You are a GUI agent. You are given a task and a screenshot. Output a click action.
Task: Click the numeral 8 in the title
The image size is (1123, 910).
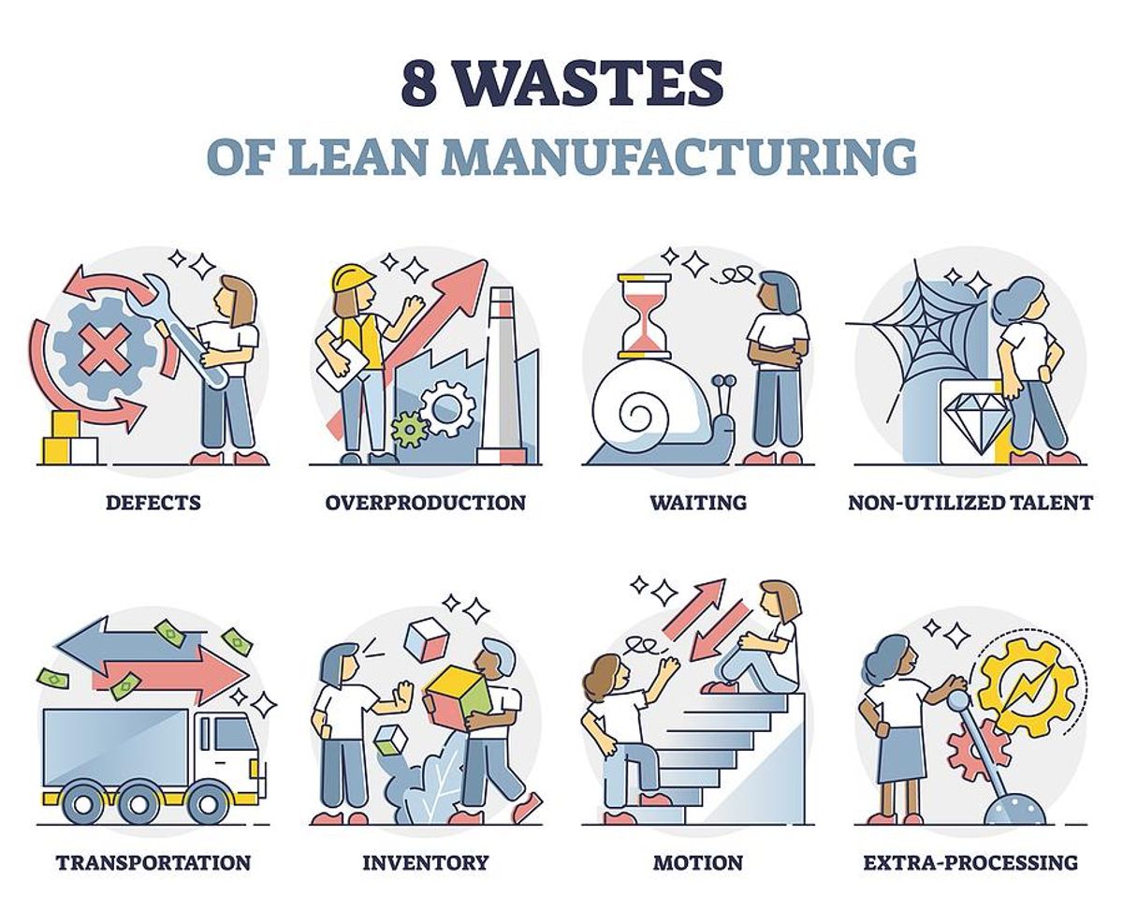coord(419,82)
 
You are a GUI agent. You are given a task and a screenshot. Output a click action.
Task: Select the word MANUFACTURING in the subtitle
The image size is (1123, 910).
coord(681,156)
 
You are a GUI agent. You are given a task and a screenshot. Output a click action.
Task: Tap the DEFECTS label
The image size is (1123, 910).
coord(153,502)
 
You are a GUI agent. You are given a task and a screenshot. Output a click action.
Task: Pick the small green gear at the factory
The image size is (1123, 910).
coord(409,429)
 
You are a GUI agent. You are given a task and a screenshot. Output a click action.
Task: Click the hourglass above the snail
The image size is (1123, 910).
coord(644,316)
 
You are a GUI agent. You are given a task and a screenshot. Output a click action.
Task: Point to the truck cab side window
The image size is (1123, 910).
coord(232,735)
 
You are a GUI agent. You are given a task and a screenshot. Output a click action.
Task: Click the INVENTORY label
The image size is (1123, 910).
coord(426,862)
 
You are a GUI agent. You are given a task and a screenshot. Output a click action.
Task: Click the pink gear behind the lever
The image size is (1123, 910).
coord(976,750)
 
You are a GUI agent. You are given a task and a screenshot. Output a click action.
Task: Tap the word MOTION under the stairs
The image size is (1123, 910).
coord(698,862)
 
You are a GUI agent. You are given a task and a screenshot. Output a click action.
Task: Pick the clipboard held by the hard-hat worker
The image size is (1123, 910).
coord(343,365)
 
